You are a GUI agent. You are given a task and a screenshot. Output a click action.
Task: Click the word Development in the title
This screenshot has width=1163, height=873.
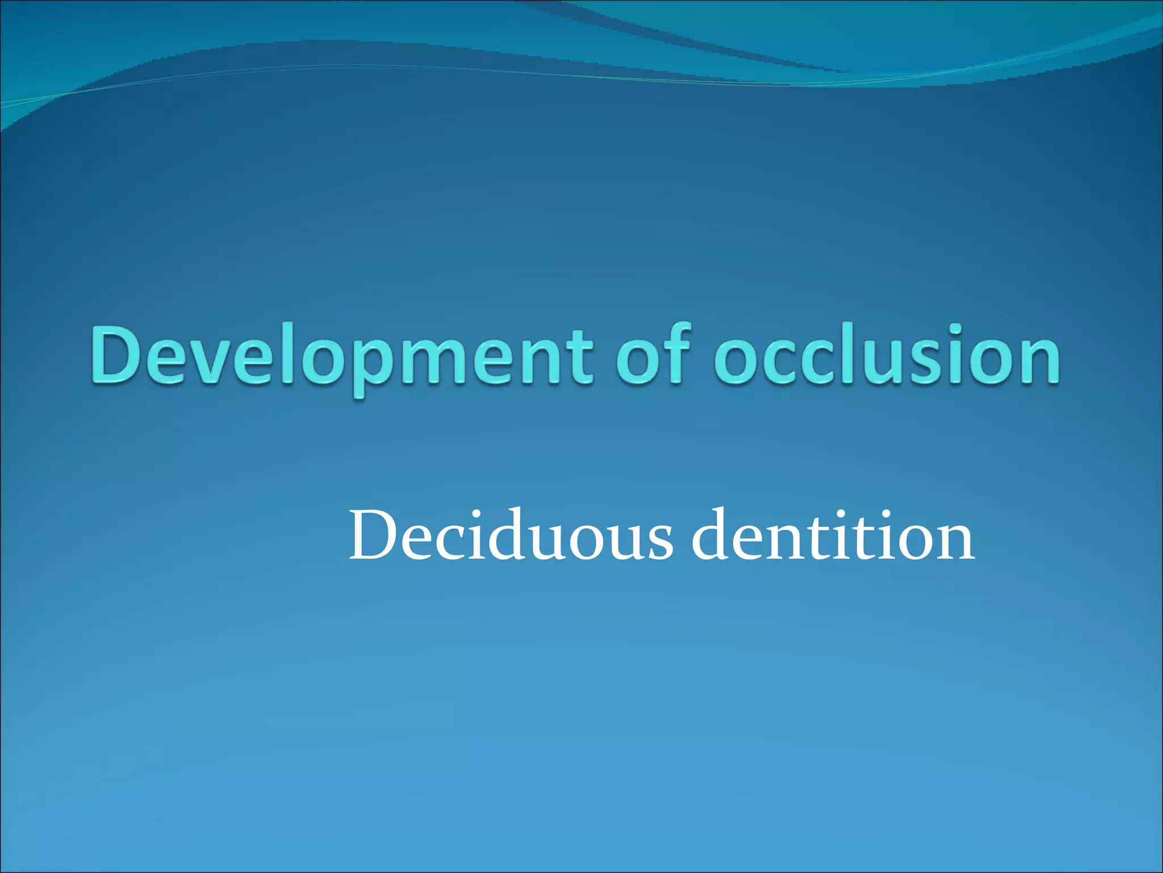(x=341, y=357)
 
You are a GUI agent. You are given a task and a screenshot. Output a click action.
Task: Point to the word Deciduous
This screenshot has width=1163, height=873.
(x=511, y=535)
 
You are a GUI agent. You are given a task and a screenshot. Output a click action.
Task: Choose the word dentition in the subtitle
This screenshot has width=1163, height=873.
(x=833, y=535)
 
